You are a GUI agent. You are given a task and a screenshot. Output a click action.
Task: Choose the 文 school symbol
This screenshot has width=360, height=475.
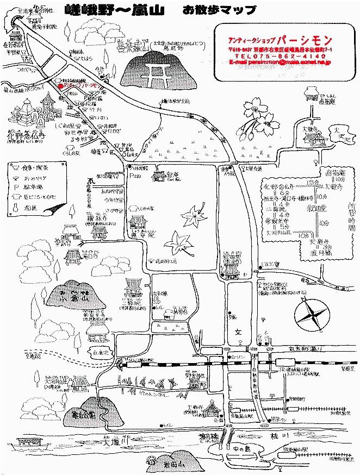(x=238, y=331)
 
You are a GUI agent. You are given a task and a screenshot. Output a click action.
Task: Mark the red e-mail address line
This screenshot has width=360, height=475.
(x=281, y=62)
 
